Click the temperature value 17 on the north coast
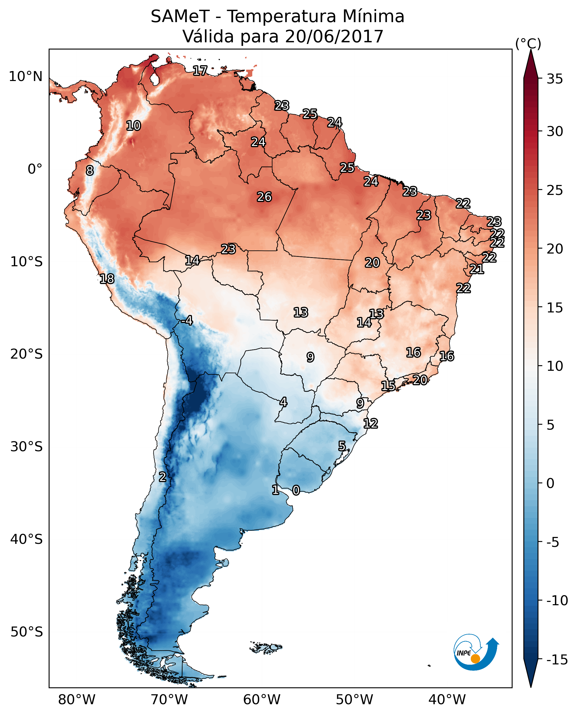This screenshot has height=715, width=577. tap(200, 71)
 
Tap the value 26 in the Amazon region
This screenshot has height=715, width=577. tap(264, 197)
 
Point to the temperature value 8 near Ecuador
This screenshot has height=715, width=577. tap(90, 170)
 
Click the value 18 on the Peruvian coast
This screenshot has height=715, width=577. tap(107, 279)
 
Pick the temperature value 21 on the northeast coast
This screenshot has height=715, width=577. tap(477, 269)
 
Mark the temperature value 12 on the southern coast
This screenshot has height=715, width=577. tap(371, 423)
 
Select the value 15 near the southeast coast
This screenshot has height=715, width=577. tap(388, 386)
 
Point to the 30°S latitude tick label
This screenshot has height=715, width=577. tap(27, 447)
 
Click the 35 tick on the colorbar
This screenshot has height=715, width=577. tap(555, 79)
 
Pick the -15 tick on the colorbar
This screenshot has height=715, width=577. tap(557, 659)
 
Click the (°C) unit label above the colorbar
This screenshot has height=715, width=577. tap(528, 43)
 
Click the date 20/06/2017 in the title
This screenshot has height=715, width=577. tap(334, 36)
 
